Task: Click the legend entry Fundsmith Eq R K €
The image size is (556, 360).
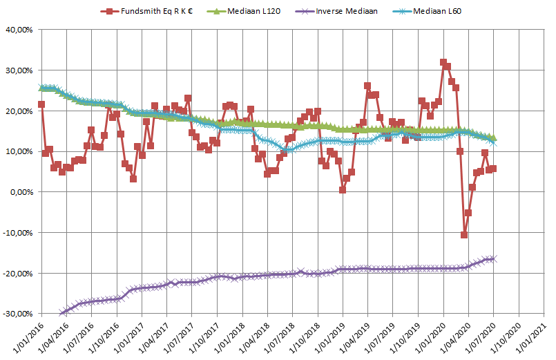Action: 148,12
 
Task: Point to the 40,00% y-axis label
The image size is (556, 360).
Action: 19,30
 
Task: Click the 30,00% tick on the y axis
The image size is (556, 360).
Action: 19,70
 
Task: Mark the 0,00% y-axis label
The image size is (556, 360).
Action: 21,192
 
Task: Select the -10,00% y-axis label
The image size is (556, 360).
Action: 18,233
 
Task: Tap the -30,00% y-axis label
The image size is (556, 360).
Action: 18,314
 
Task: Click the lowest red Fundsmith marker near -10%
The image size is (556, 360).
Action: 464,235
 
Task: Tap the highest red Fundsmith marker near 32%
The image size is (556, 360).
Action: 443,62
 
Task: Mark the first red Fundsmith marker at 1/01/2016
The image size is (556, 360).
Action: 41,104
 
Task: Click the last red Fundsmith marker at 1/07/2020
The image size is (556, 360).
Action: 493,168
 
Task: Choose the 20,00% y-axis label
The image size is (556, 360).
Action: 19,111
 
